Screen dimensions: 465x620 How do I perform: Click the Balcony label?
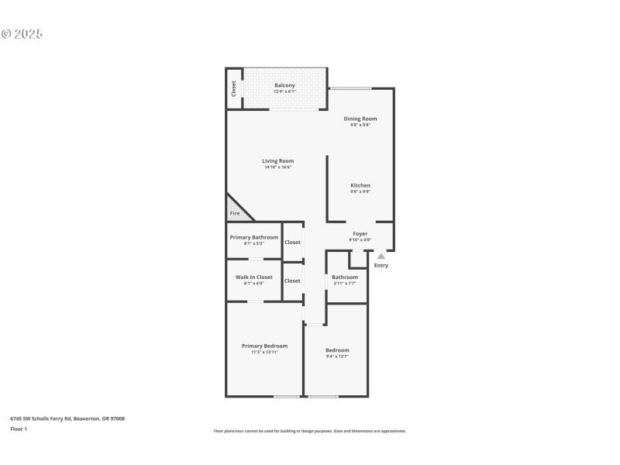point(284,85)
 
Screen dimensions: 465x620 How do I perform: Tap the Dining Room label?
point(360,119)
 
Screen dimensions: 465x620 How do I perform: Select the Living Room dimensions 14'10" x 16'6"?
point(277,167)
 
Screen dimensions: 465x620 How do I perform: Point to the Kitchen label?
point(360,185)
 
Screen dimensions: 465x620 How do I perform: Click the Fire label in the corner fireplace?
point(235,212)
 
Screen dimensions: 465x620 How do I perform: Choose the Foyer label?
point(360,233)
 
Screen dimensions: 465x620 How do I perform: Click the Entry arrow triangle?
point(381,256)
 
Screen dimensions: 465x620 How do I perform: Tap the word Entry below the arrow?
point(381,266)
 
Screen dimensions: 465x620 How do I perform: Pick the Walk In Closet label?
point(253,277)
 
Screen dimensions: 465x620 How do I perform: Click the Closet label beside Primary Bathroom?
point(292,243)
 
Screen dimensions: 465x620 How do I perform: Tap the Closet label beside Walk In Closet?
point(292,281)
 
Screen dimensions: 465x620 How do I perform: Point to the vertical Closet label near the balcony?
point(233,88)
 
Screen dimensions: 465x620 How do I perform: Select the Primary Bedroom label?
point(264,346)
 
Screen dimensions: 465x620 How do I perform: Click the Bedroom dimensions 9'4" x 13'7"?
point(337,356)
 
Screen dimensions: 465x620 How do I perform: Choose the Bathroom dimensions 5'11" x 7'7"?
point(345,284)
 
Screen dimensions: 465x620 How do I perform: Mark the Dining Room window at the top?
point(350,88)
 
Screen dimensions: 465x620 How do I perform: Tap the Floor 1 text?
point(19,429)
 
